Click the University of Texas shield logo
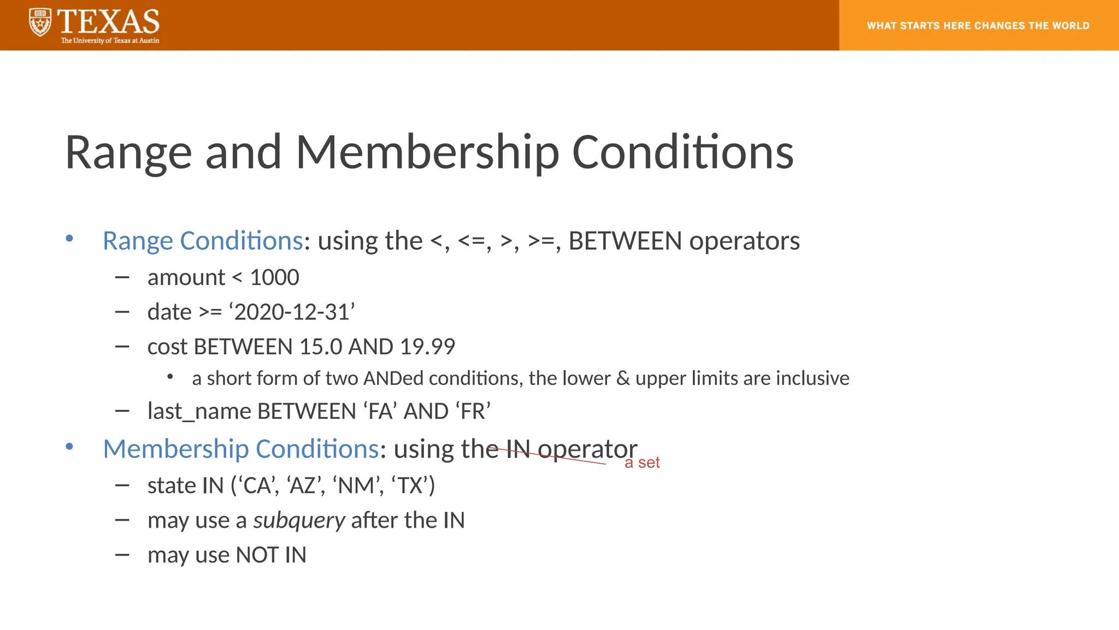tap(40, 22)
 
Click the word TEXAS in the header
tap(108, 22)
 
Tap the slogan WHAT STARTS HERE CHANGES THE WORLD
tap(978, 26)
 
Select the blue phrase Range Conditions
tap(203, 241)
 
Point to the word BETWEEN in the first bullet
tap(625, 241)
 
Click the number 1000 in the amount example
tap(274, 278)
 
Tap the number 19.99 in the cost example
tap(427, 347)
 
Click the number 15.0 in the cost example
tap(321, 347)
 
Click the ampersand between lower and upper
tap(623, 378)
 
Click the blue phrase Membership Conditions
tap(241, 449)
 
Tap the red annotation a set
tap(642, 463)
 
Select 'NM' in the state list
tap(357, 486)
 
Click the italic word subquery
tap(299, 521)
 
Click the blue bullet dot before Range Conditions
tap(69, 238)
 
